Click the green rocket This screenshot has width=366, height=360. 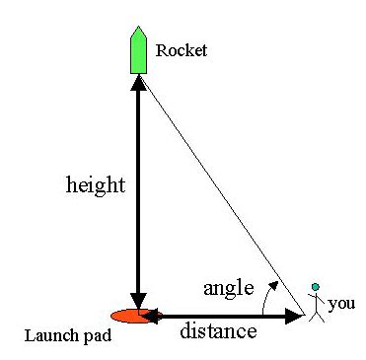pos(138,54)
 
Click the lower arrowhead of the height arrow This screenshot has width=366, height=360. pos(138,299)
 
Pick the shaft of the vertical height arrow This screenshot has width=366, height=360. pos(138,197)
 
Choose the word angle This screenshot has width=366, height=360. pos(228,288)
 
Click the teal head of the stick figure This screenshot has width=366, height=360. pos(316,287)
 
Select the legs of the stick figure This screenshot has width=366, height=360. pos(316,315)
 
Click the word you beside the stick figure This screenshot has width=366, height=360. pos(341,303)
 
